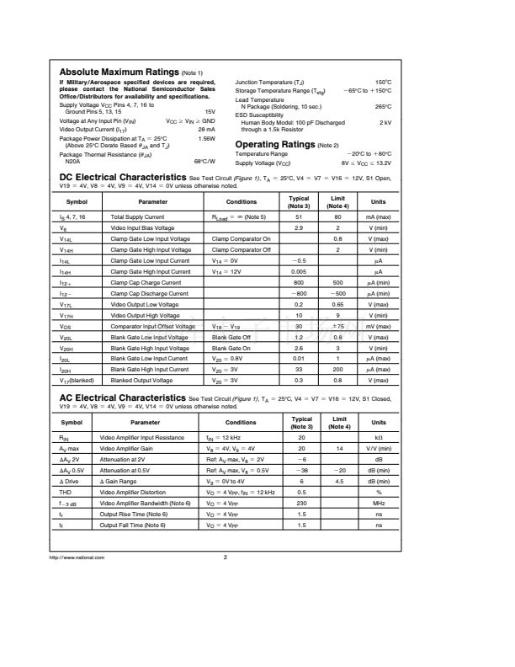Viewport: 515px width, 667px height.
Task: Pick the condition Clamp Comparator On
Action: click(241, 239)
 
